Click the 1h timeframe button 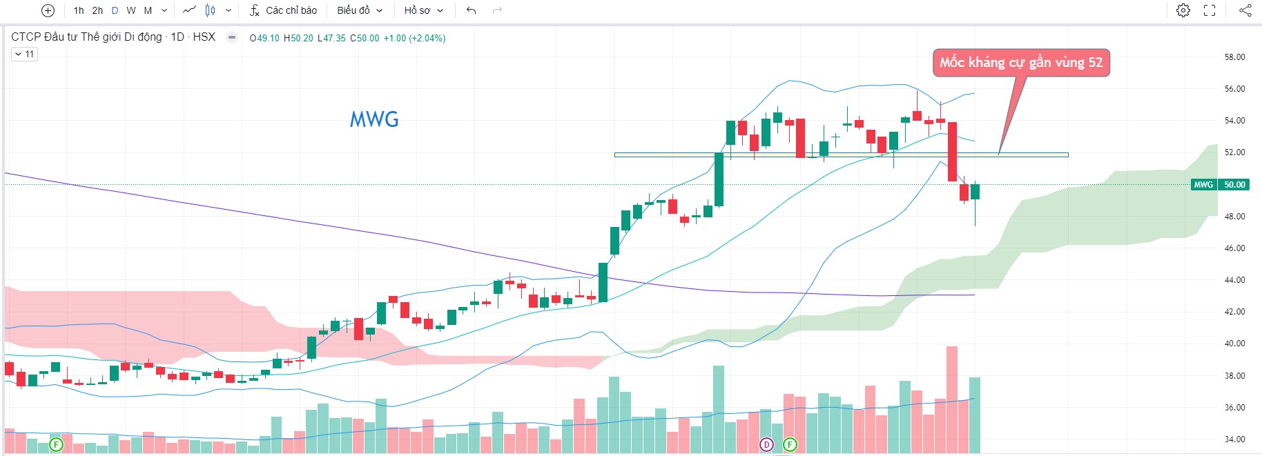pyautogui.click(x=79, y=10)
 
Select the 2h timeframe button pyautogui.click(x=97, y=10)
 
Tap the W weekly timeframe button pyautogui.click(x=131, y=10)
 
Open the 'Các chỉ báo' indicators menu pyautogui.click(x=283, y=10)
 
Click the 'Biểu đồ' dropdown pyautogui.click(x=359, y=10)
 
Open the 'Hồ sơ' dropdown pyautogui.click(x=423, y=10)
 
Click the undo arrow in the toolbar pyautogui.click(x=472, y=10)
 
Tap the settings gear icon pyautogui.click(x=1183, y=10)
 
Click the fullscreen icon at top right pyautogui.click(x=1210, y=10)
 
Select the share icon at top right pyautogui.click(x=1245, y=10)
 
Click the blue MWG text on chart pyautogui.click(x=374, y=120)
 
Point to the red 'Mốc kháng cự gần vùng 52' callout pyautogui.click(x=1021, y=63)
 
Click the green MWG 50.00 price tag pyautogui.click(x=1220, y=185)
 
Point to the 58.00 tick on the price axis pyautogui.click(x=1234, y=57)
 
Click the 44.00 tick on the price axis pyautogui.click(x=1234, y=280)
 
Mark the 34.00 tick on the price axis pyautogui.click(x=1234, y=439)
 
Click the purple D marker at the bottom pyautogui.click(x=766, y=445)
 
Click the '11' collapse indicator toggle pyautogui.click(x=24, y=54)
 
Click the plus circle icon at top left pyautogui.click(x=48, y=10)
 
